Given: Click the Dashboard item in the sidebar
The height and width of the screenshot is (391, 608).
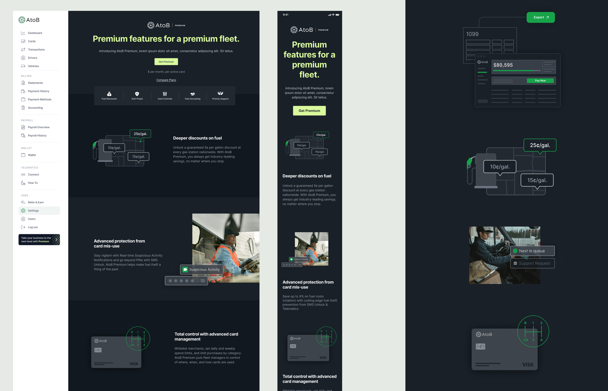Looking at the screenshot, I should coord(35,33).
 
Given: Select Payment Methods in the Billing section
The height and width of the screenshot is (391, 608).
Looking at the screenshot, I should coord(39,99).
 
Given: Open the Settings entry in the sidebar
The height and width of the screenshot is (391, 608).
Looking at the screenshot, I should coord(33,211).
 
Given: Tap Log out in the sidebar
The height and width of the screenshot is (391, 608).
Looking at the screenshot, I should coord(33,227).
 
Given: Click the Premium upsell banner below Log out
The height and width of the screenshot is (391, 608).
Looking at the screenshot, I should coord(39,240).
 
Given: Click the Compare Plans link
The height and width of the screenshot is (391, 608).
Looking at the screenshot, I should coord(166,80).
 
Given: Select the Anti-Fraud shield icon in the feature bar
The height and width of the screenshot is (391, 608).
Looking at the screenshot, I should coord(137,94).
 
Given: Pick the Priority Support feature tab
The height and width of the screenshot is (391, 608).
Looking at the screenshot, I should coord(220,95).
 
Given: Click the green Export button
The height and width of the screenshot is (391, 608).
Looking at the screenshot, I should coord(540,17).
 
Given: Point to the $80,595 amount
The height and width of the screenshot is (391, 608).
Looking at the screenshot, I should coord(503,65).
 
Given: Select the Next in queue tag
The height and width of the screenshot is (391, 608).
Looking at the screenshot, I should coord(532,251).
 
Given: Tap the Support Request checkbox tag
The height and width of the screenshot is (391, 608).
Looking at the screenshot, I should coord(532,263).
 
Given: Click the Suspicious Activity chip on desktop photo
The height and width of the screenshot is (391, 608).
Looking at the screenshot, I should coord(202,270).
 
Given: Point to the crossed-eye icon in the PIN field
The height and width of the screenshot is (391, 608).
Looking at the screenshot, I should coord(203,281).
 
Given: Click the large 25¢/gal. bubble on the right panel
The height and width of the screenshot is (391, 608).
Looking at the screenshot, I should coord(540,145).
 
